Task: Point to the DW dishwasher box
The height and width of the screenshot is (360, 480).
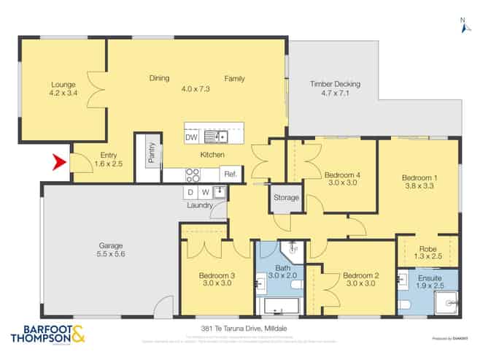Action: (191, 137)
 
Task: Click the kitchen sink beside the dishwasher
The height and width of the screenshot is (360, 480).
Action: (216, 137)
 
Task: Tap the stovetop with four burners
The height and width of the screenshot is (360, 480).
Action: (194, 175)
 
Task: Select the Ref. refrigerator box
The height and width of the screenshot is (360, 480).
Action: (230, 175)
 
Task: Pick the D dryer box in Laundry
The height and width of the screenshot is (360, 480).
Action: (190, 192)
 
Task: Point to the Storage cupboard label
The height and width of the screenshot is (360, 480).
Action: (286, 198)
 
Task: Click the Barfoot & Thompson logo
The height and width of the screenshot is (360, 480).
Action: (47, 334)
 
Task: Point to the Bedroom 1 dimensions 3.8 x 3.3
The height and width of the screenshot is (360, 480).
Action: (418, 185)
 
